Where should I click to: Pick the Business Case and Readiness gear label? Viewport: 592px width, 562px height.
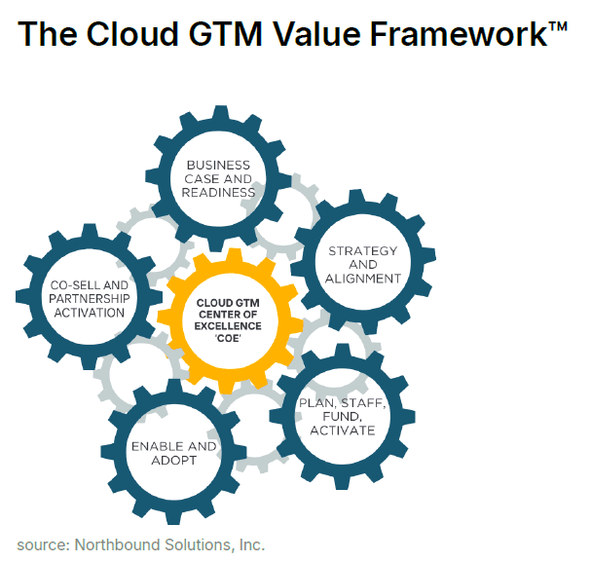(x=218, y=179)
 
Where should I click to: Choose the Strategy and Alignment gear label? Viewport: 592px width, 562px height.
(x=363, y=264)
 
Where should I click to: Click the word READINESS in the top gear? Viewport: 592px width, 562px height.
(x=218, y=193)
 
